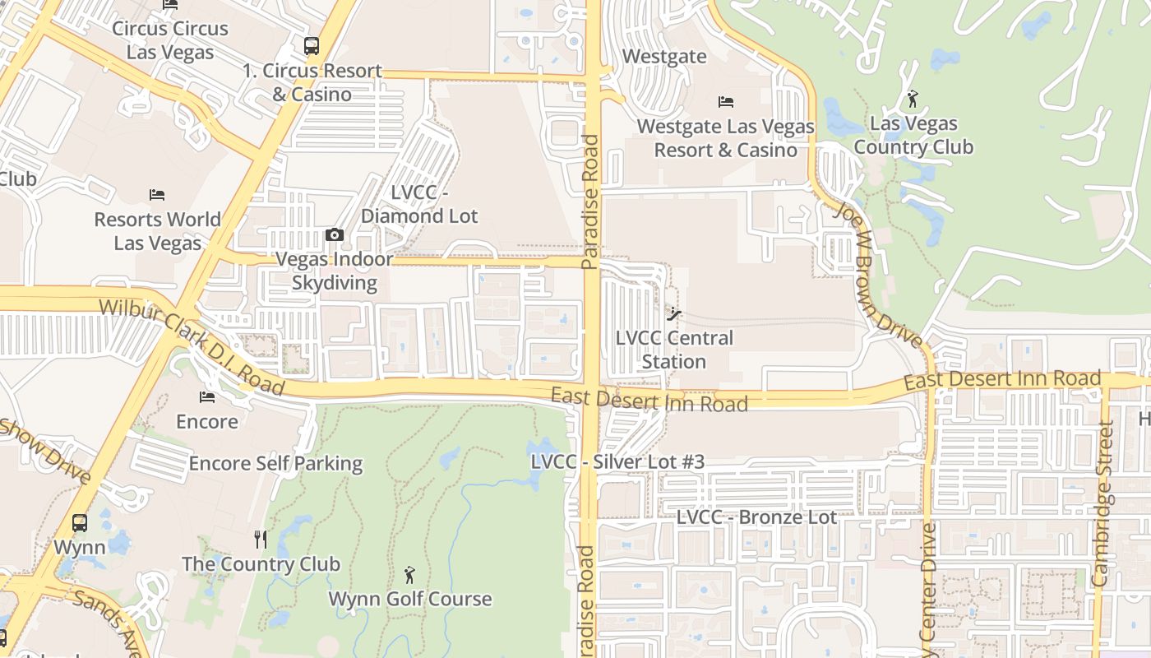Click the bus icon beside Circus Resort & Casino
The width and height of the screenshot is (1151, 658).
[x=311, y=46]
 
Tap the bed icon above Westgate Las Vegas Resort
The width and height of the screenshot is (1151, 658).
[x=726, y=102]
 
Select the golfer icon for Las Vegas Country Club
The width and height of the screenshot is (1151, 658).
[x=912, y=99]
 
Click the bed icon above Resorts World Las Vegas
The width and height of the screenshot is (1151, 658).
[x=157, y=195]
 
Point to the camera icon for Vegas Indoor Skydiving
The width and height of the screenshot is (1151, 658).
[x=334, y=235]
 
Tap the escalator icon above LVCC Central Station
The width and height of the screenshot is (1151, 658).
[x=674, y=313]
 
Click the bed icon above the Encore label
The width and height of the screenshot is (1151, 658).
[x=207, y=397]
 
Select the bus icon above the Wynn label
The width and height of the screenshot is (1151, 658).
[x=80, y=523]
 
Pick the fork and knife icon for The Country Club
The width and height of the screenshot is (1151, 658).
[x=261, y=540]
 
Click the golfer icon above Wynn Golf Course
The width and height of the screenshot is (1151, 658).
[x=409, y=575]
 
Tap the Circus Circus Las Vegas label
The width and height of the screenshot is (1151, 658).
[x=170, y=40]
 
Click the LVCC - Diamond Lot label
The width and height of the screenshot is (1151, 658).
[x=419, y=204]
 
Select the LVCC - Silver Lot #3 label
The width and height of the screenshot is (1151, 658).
[x=617, y=462]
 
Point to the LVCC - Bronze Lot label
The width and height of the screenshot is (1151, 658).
[x=756, y=517]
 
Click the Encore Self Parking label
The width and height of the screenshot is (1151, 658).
[x=275, y=464]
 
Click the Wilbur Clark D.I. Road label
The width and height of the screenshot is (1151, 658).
[x=192, y=346]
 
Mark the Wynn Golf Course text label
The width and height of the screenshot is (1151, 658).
[x=410, y=599]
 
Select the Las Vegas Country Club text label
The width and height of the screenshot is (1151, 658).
[x=913, y=136]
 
